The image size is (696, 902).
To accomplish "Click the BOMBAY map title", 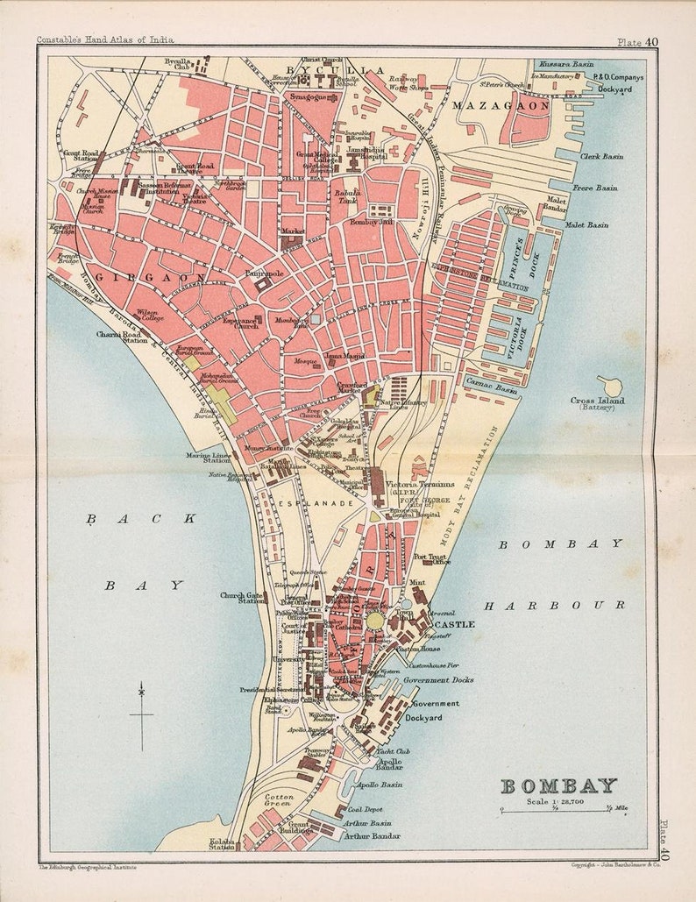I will [x=558, y=785].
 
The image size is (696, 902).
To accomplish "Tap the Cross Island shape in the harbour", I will [x=610, y=386].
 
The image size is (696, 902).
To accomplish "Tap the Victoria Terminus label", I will [x=425, y=484].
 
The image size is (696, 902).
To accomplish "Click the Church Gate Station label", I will [x=243, y=598].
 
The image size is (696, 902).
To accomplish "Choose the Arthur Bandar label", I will [x=373, y=836].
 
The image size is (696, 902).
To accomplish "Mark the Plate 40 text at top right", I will [x=637, y=41].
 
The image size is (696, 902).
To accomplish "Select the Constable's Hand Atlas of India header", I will [x=105, y=39].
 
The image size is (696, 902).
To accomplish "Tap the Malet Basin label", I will [x=586, y=225].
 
